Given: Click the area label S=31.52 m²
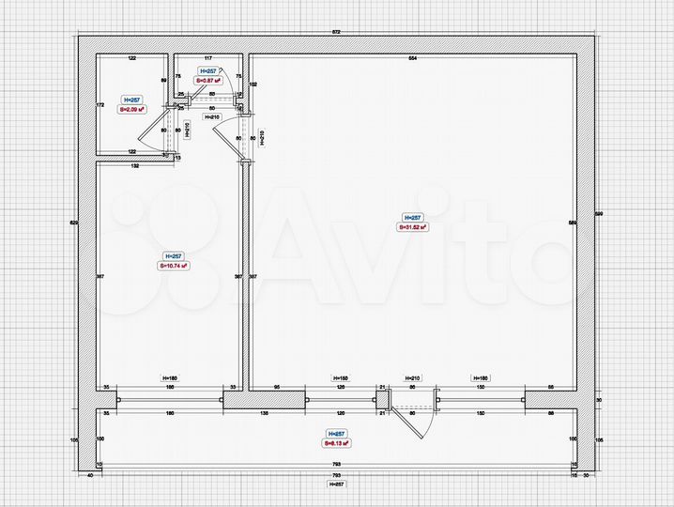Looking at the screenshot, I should [x=413, y=226].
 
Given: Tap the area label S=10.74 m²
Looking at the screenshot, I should [x=173, y=266].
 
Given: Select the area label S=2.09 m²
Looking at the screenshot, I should [x=131, y=109].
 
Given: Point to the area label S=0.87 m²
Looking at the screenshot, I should [x=207, y=82].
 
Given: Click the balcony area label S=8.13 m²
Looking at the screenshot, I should [x=337, y=443].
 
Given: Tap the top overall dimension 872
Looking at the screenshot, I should [x=336, y=33].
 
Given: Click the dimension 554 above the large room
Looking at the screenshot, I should [x=412, y=59].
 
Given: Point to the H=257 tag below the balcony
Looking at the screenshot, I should [x=336, y=484].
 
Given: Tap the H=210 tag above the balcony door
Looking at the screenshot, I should [x=410, y=376].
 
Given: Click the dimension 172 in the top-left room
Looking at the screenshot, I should [x=100, y=105].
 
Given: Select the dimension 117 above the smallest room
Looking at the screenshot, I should [x=208, y=59].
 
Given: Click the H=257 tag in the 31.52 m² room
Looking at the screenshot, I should [x=413, y=216].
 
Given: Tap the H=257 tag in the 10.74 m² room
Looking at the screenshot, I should [x=173, y=255].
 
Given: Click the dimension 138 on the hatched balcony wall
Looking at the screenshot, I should [x=265, y=413].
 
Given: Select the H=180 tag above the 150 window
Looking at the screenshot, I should [x=482, y=376].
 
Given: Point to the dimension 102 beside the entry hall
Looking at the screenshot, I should [x=253, y=84].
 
